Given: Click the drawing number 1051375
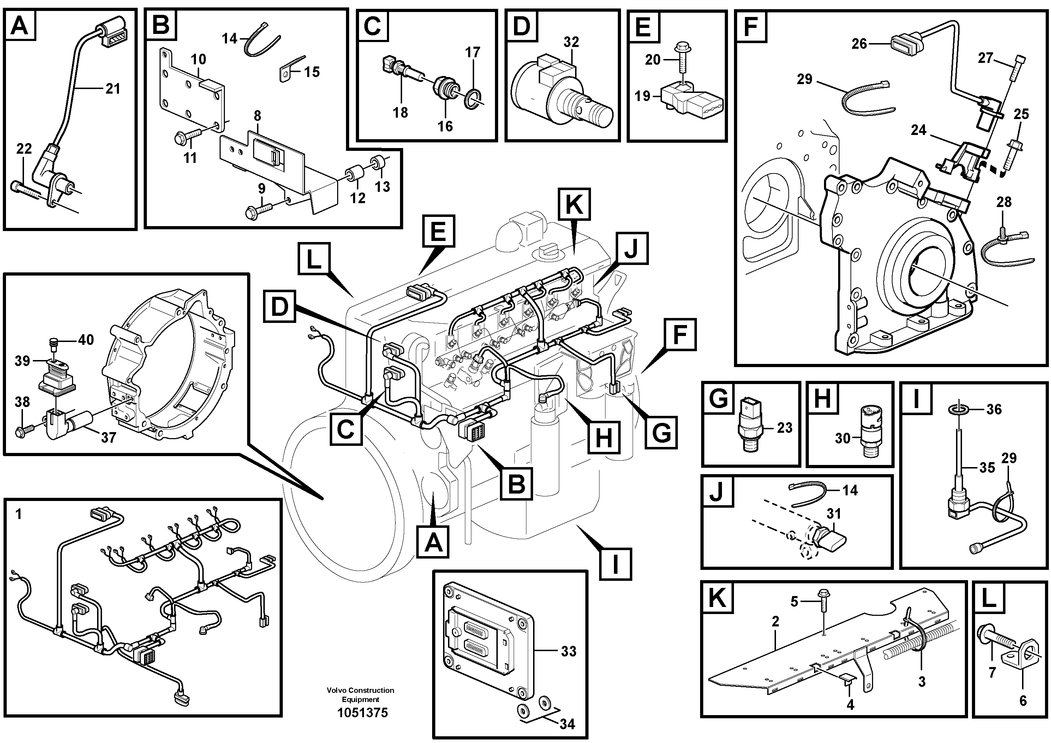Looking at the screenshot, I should click(362, 713).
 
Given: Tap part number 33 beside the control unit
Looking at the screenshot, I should click(568, 651).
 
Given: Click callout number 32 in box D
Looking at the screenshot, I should click(571, 42).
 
